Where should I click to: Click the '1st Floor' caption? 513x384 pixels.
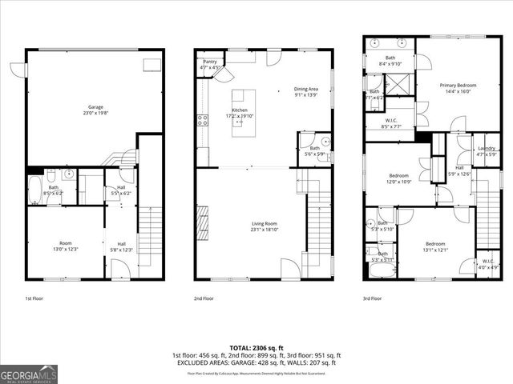[x=34, y=298]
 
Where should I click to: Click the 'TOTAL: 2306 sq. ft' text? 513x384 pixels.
[x=256, y=348]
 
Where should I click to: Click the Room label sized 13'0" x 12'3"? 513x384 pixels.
[x=66, y=246]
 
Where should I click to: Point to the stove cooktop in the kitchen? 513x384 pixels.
[x=200, y=121]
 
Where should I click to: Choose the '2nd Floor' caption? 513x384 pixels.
[x=203, y=298]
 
